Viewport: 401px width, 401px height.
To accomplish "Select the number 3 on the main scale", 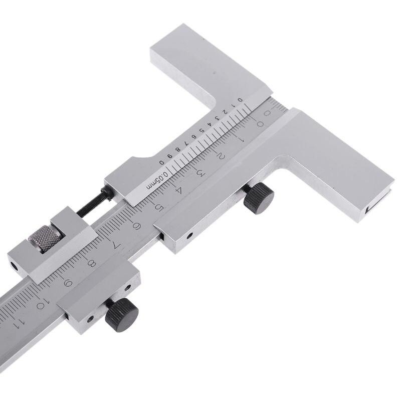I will click(x=199, y=173).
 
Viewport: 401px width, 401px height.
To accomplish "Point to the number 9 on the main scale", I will click(x=68, y=282).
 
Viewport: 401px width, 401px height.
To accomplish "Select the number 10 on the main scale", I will click(x=42, y=303).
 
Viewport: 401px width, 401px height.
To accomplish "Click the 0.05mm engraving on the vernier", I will click(x=156, y=180).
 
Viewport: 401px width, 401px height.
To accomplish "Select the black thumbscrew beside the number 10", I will click(x=122, y=314).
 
